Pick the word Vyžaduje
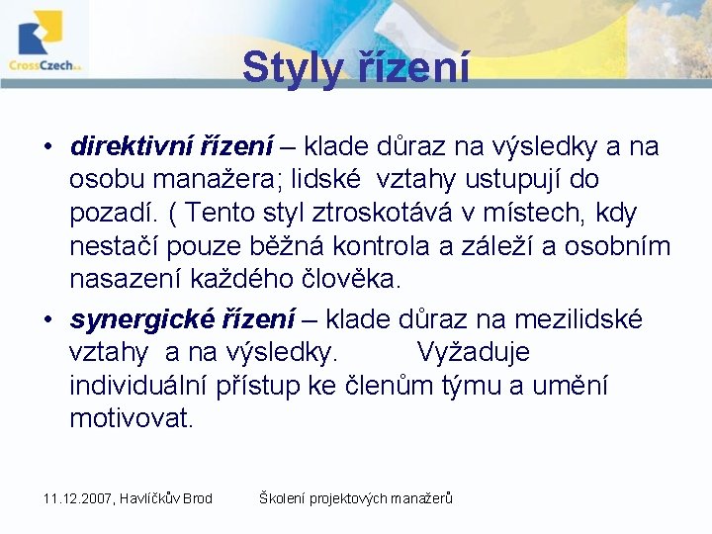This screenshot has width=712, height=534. tap(473, 352)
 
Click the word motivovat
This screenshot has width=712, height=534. tap(132, 418)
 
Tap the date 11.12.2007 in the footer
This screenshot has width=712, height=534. tap(78, 498)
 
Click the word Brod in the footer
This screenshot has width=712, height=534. tap(196, 498)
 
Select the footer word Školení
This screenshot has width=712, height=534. tap(282, 498)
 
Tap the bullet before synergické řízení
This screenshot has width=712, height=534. tap(47, 320)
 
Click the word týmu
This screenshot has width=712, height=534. tap(470, 386)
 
